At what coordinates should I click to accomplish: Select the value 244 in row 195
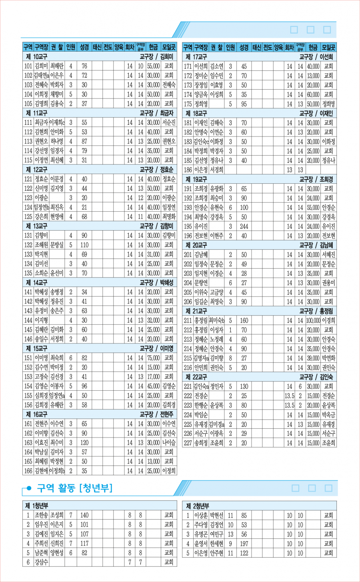(244, 227)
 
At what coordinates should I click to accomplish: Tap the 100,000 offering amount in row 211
(313, 321)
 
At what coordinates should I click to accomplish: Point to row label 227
(188, 443)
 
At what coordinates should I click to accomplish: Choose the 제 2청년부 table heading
(197, 506)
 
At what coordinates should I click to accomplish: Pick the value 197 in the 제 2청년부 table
(244, 544)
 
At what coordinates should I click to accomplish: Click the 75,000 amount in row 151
(153, 358)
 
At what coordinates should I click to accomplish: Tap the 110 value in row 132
(84, 245)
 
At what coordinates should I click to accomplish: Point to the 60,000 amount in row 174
(313, 95)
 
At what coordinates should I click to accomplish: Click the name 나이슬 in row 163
(169, 443)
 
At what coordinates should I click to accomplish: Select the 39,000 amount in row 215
(313, 358)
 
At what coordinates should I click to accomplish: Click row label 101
(28, 66)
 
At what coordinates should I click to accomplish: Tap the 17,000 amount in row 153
(153, 377)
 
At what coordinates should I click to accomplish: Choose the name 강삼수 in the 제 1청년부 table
(41, 562)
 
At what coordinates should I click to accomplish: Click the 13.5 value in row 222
(289, 396)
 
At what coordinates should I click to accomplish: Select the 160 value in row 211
(244, 321)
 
